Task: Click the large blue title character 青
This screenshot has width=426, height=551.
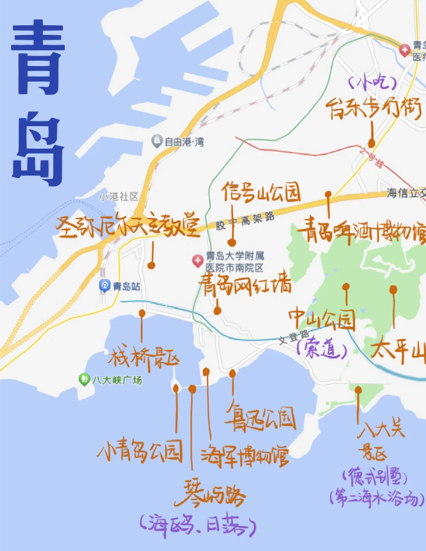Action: tap(38, 58)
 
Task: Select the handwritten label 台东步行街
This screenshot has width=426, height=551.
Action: tap(374, 109)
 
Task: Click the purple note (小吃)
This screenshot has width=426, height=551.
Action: tap(372, 81)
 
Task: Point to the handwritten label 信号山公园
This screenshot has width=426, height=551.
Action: tap(261, 192)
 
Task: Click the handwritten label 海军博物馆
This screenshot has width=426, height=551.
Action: tap(245, 455)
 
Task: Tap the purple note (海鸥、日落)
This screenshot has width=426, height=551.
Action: tap(197, 523)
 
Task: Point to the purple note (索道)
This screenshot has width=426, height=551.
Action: tap(321, 350)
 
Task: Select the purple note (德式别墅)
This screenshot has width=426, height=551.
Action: tap(375, 475)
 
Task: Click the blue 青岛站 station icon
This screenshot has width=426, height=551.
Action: tap(105, 286)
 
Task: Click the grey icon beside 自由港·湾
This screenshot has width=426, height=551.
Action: tap(157, 141)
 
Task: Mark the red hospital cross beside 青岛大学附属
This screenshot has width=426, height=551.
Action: tap(197, 261)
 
